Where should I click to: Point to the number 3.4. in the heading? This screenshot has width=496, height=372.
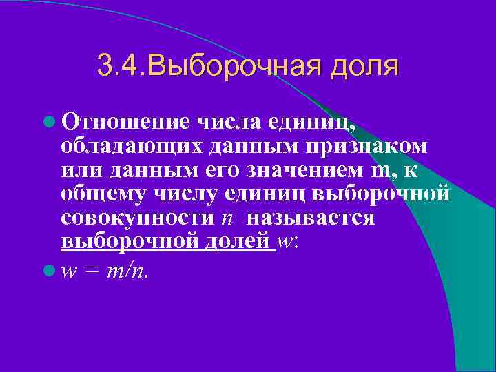coord(122,68)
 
